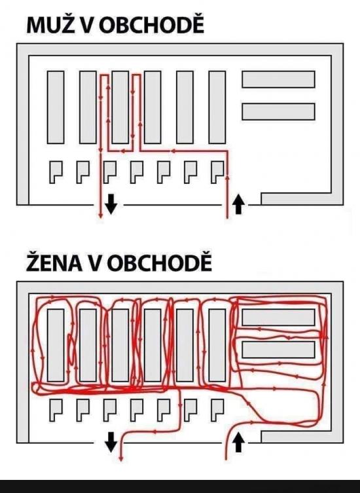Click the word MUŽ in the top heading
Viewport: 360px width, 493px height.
point(51,25)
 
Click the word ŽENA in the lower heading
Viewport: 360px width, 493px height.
point(54,263)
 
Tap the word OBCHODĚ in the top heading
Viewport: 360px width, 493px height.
point(151,25)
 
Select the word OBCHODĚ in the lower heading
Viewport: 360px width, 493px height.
point(160,263)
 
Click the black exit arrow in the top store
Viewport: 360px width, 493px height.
point(111,204)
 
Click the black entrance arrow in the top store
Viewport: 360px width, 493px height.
point(238,204)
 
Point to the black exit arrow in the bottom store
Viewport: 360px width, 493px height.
point(111,442)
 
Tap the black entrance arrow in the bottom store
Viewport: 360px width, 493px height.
point(238,442)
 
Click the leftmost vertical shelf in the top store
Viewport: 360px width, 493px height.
point(56,107)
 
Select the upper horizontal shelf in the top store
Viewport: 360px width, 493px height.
point(278,79)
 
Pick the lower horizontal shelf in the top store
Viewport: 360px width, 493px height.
point(278,111)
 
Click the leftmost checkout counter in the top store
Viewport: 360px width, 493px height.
point(56,172)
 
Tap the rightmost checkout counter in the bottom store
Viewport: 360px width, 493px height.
point(217,410)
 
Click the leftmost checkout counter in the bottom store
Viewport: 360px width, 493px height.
point(56,410)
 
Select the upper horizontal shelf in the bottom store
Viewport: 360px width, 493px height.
point(278,318)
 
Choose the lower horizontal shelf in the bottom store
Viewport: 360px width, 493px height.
point(278,350)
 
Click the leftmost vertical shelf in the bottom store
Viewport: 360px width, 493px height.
point(56,345)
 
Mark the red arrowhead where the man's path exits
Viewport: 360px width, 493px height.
point(101,215)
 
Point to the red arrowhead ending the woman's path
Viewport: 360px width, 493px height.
point(120,458)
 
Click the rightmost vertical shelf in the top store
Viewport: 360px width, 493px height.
point(217,107)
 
